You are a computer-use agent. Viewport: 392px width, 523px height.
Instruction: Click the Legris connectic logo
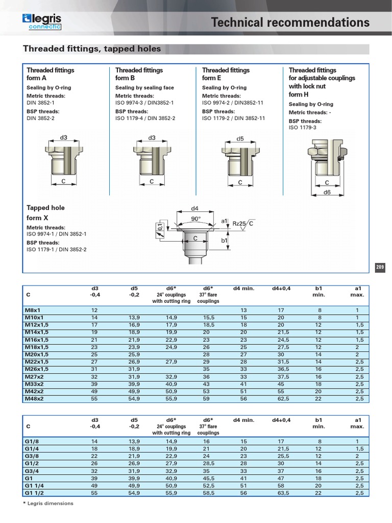tap(42, 21)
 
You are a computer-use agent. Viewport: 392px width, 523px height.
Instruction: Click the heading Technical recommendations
tap(290, 22)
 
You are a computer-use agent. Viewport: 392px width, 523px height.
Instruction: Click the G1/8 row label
tap(32, 441)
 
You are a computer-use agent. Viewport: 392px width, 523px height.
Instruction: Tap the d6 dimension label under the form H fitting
tap(327, 192)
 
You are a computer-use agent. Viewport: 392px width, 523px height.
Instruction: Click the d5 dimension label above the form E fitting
tap(240, 138)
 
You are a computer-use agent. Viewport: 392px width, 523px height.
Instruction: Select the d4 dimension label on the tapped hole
tap(194, 208)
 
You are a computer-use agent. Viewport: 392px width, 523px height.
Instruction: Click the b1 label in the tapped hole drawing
tap(224, 240)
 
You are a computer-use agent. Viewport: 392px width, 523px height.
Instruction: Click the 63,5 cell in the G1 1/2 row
tap(281, 494)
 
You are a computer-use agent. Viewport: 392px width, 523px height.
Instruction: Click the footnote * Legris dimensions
tap(48, 504)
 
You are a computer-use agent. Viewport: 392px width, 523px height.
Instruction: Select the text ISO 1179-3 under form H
tap(303, 127)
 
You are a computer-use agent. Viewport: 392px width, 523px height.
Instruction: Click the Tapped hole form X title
tap(45, 213)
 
